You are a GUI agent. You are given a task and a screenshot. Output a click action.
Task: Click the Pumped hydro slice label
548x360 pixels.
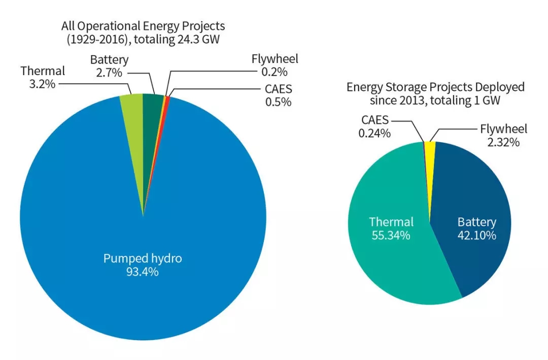(x=143, y=258)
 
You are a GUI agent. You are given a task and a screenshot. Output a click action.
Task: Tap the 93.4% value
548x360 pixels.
(x=143, y=272)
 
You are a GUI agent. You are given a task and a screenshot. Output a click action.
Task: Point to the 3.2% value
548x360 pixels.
(x=41, y=84)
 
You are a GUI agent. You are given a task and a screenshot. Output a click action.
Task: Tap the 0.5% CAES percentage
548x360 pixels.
(x=278, y=102)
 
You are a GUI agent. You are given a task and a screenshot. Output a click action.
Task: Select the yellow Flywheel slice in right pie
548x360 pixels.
(x=430, y=148)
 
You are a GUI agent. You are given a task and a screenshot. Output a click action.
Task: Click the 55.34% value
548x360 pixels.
(x=391, y=236)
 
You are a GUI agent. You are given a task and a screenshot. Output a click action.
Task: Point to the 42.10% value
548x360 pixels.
(x=476, y=236)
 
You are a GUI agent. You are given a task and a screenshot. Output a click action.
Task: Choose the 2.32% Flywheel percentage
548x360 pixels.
(x=503, y=142)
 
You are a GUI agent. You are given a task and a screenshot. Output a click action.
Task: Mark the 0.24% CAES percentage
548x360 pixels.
(x=375, y=134)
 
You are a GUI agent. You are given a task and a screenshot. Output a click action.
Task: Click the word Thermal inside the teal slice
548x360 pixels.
(x=391, y=222)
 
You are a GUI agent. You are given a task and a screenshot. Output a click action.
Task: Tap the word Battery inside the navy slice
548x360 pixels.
(x=476, y=222)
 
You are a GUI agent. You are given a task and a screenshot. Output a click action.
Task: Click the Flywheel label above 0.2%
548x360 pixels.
(x=275, y=59)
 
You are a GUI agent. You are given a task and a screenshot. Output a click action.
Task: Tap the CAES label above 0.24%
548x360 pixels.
(x=375, y=120)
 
